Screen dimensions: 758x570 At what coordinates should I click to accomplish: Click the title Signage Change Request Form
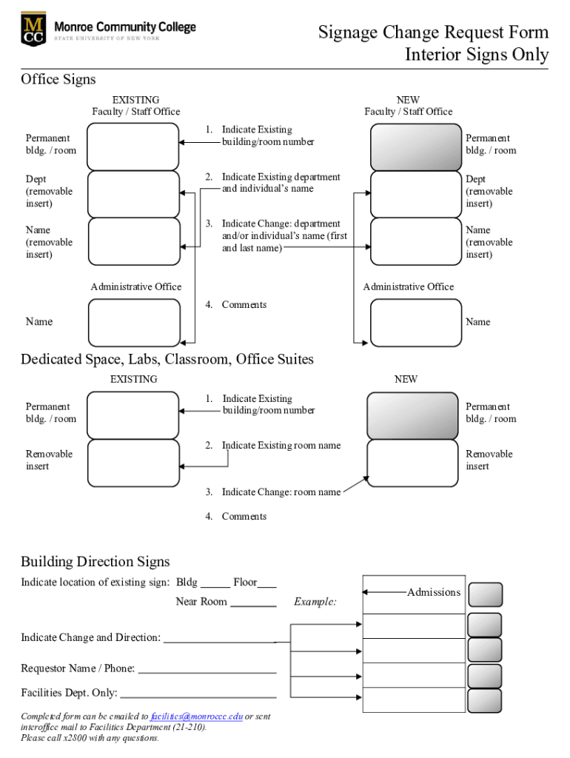[433, 33]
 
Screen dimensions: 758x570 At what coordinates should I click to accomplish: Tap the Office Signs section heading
[58, 79]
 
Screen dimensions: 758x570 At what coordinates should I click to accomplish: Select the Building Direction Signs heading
[95, 562]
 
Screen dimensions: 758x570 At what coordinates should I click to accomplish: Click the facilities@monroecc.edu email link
[196, 717]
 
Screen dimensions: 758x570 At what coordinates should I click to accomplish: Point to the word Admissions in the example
[434, 592]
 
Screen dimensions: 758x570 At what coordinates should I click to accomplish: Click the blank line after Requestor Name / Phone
[207, 670]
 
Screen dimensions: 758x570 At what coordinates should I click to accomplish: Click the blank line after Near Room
[253, 603]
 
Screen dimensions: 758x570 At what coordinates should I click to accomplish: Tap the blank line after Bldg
[215, 584]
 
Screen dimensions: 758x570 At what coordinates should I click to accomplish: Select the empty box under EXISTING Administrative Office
[134, 322]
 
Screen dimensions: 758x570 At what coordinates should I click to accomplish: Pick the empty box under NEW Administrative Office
[415, 322]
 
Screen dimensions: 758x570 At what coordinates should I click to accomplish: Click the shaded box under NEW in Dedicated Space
[412, 415]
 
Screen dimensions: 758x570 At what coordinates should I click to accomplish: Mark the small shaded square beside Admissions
[486, 594]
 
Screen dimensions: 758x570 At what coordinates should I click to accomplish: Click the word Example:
[315, 602]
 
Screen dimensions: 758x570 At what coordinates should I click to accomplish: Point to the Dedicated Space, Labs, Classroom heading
[167, 360]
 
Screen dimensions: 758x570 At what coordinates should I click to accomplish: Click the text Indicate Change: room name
[281, 492]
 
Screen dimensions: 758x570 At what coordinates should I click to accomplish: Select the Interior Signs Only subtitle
[476, 55]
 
